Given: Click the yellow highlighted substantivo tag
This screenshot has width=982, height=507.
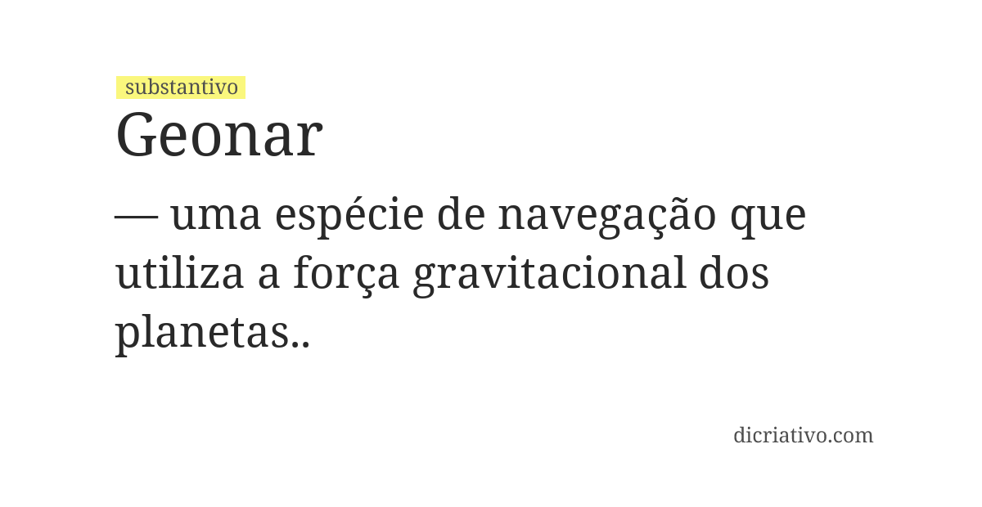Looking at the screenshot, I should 181,87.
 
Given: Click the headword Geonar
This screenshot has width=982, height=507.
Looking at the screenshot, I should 219,135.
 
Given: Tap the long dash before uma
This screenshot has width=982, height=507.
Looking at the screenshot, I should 136,216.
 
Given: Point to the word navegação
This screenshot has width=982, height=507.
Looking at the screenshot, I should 606,216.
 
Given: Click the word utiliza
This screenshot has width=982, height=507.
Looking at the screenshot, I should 179,274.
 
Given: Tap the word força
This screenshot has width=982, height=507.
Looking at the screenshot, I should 346,276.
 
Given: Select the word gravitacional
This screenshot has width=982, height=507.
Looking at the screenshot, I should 549,276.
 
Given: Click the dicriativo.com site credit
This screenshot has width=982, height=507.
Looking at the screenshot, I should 803,435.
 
